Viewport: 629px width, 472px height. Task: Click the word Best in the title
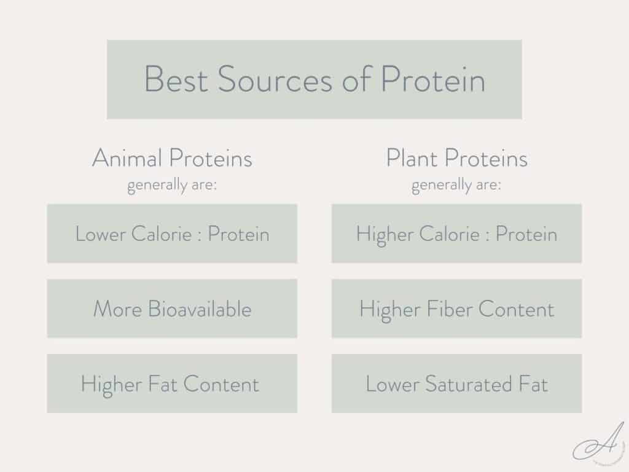[175, 80]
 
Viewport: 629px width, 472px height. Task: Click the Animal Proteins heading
[172, 159]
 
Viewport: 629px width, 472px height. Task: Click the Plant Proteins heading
[456, 159]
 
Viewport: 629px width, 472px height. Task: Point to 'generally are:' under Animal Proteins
[172, 185]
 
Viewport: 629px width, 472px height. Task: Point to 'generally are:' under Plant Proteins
[456, 185]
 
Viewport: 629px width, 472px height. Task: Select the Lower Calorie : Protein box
[172, 234]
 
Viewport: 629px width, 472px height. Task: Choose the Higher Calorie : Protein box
[456, 234]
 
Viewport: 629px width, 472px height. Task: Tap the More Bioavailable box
[172, 309]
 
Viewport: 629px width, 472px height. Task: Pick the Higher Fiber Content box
[456, 309]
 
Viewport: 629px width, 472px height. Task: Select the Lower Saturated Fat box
[456, 383]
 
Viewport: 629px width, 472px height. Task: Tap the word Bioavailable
[200, 309]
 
